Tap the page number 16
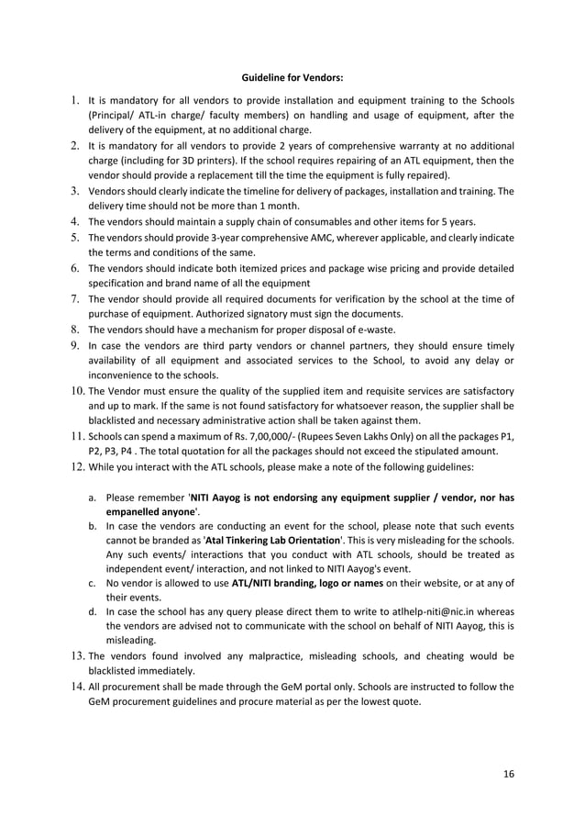point(509,774)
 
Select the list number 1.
point(73,99)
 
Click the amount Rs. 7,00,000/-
point(231,435)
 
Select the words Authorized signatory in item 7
point(228,313)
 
